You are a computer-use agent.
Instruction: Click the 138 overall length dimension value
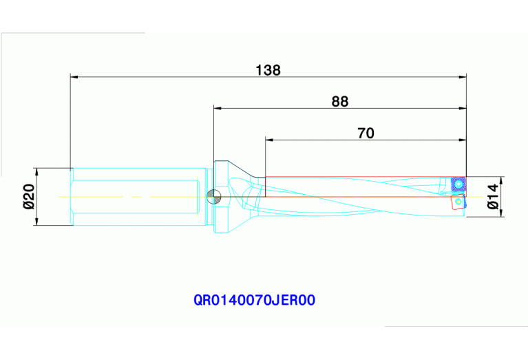click(x=268, y=70)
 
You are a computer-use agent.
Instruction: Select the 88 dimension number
click(x=340, y=102)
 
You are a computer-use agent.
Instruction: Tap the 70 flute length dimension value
click(x=366, y=134)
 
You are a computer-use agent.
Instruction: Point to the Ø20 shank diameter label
click(x=28, y=196)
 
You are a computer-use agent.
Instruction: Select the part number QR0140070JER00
click(x=255, y=301)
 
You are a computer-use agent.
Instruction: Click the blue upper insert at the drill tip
click(x=456, y=184)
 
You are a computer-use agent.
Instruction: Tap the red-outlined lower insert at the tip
click(x=457, y=203)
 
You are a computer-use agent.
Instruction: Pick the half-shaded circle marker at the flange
click(x=214, y=197)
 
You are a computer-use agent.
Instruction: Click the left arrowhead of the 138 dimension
click(x=75, y=76)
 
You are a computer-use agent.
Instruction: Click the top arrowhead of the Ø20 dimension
click(x=38, y=172)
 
